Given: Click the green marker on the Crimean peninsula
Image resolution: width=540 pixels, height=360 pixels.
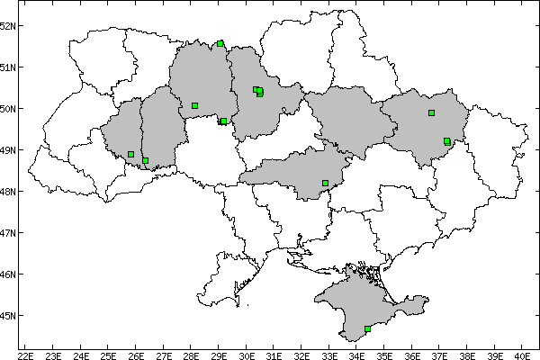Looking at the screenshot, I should (367, 328).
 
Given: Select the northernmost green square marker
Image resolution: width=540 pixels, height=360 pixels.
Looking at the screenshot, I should (220, 42).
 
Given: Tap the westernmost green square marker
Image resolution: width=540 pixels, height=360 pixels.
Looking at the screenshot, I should (130, 154).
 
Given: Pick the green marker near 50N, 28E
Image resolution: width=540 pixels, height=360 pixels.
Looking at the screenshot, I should (194, 105).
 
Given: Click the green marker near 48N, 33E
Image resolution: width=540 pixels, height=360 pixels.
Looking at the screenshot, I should (325, 183).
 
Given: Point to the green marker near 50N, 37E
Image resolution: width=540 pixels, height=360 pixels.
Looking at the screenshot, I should (431, 112).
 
